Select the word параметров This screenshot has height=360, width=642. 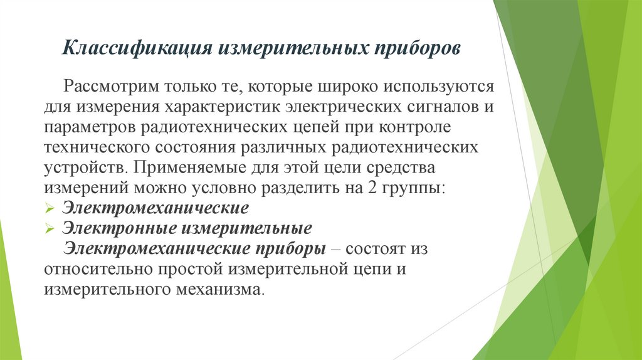tap(88, 127)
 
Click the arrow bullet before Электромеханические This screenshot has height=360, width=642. tap(51, 208)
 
